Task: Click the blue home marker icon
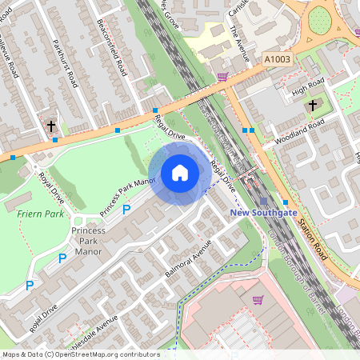click(x=180, y=173)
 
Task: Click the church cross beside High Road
click(x=312, y=104)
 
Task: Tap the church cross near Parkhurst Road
click(x=51, y=126)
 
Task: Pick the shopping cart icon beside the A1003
click(x=222, y=77)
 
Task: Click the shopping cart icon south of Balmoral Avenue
click(x=258, y=300)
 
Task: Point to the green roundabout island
click(x=321, y=19)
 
